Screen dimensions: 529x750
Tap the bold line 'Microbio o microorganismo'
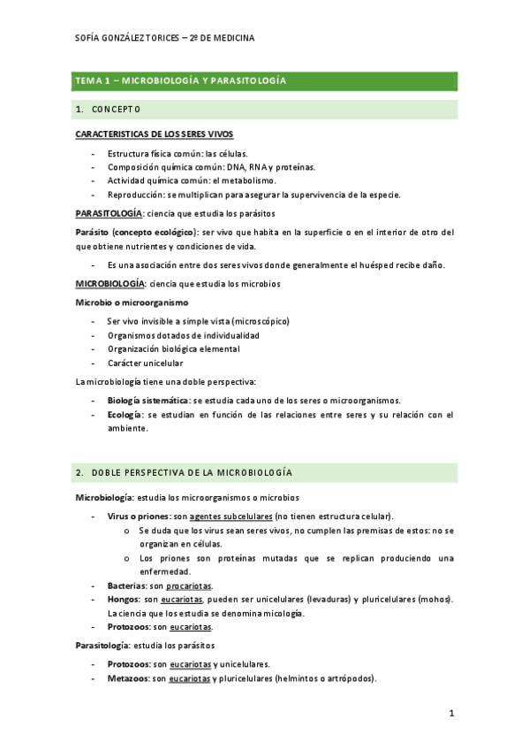tap(132, 302)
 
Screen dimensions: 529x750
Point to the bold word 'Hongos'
tap(123, 600)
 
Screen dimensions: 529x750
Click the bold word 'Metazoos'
tap(127, 678)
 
